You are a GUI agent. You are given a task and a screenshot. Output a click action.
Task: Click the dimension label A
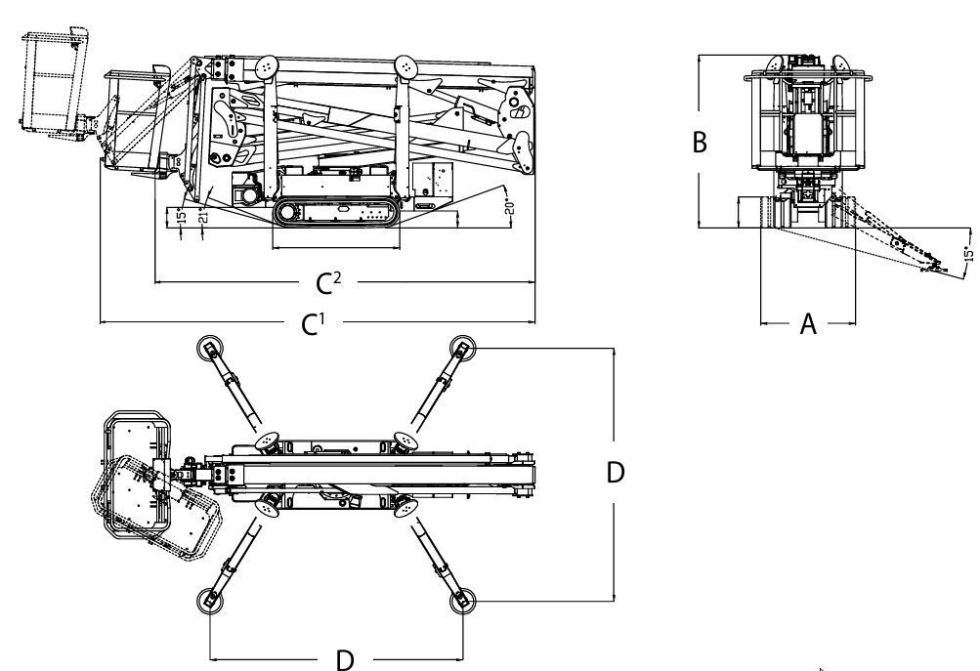click(x=808, y=324)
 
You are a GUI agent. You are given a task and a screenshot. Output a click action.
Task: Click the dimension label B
click(x=700, y=143)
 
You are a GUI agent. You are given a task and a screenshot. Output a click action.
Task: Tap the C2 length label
click(x=328, y=283)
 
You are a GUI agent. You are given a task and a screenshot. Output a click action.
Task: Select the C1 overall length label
click(x=313, y=324)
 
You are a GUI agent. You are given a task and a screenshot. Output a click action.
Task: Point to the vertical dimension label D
click(x=615, y=473)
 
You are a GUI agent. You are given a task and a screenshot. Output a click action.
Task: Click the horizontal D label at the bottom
click(x=345, y=659)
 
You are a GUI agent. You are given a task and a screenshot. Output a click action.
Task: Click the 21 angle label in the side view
click(x=202, y=217)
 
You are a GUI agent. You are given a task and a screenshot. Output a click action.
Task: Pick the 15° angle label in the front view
click(x=968, y=254)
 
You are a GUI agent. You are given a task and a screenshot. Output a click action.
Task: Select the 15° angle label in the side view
click(x=182, y=216)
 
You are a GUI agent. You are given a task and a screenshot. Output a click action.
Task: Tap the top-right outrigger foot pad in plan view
click(x=462, y=348)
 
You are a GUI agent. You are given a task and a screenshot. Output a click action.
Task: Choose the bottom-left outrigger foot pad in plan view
click(x=209, y=601)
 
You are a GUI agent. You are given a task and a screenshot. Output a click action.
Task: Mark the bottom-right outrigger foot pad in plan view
click(x=462, y=601)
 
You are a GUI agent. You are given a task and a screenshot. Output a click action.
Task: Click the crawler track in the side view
click(x=336, y=212)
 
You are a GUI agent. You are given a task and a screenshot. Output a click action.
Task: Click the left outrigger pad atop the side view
click(x=267, y=66)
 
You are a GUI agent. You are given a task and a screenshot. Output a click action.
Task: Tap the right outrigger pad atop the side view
click(x=406, y=66)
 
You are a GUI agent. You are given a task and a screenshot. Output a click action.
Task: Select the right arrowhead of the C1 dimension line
click(x=533, y=322)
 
